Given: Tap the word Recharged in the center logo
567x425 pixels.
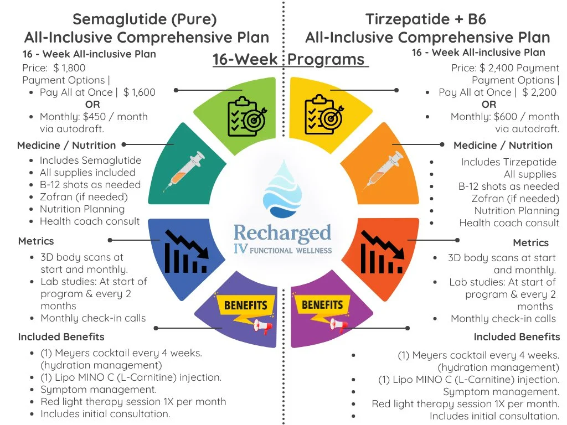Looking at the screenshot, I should pos(282,233).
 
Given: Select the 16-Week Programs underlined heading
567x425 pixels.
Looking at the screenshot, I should pos(290,60).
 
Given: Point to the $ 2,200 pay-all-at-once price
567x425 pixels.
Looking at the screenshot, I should pos(539,92).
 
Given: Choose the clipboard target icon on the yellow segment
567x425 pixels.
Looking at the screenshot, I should pos(324,115).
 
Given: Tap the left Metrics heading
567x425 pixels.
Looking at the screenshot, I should pos(36,241).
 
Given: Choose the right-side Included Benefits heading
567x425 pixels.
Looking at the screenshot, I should pos(517,337).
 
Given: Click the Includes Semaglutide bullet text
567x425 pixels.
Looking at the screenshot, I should pos(90,160).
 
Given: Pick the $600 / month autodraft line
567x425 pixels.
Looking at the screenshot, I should pos(504,117).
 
